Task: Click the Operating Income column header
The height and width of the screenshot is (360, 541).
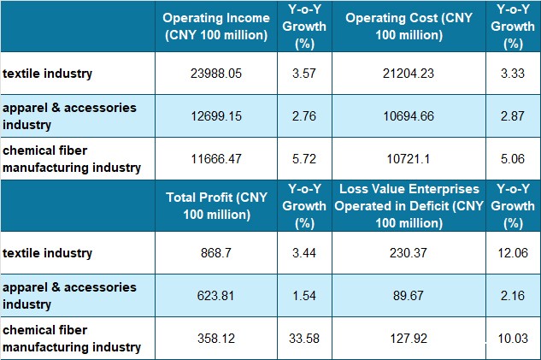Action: coord(217,27)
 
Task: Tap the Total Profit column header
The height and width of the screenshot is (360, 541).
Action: coord(217,206)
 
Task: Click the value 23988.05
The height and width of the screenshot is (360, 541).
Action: coord(217,74)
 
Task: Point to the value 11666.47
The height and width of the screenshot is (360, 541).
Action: coord(217,159)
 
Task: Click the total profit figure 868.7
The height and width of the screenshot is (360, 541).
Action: coord(217,254)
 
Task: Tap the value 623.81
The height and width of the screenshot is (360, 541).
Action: coord(217,294)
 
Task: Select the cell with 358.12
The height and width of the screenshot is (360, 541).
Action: coord(217,339)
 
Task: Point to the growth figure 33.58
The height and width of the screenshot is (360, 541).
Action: coord(306,339)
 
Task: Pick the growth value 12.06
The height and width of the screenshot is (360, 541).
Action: coord(514,254)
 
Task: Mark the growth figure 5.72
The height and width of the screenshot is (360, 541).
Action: coord(306,159)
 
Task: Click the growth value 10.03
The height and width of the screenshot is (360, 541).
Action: coord(514,339)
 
